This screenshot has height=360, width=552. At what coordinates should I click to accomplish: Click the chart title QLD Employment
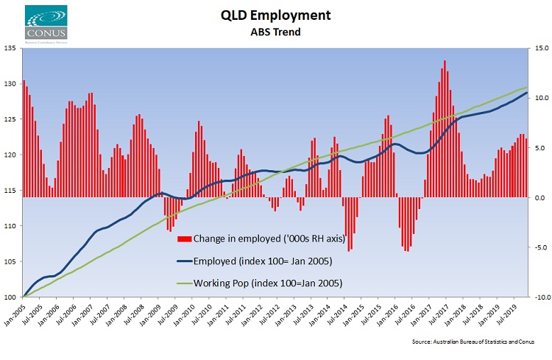[275, 15]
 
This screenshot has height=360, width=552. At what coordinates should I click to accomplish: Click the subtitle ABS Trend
[275, 32]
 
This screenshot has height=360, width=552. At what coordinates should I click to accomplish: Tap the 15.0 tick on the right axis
[541, 49]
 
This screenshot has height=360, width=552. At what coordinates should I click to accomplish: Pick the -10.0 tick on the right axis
[539, 297]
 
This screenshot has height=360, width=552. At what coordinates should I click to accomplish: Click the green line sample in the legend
[184, 283]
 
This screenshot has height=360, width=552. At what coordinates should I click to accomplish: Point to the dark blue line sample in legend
[184, 261]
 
